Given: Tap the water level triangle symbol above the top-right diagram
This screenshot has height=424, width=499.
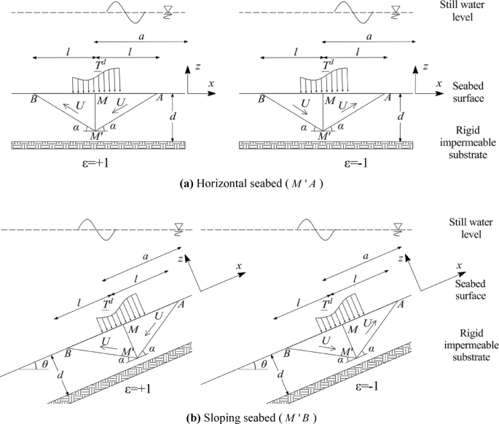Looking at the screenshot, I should point(396,9).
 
